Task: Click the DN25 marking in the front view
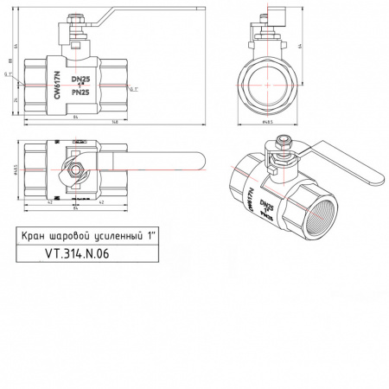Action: point(78,77)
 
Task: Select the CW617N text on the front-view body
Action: point(57,84)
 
